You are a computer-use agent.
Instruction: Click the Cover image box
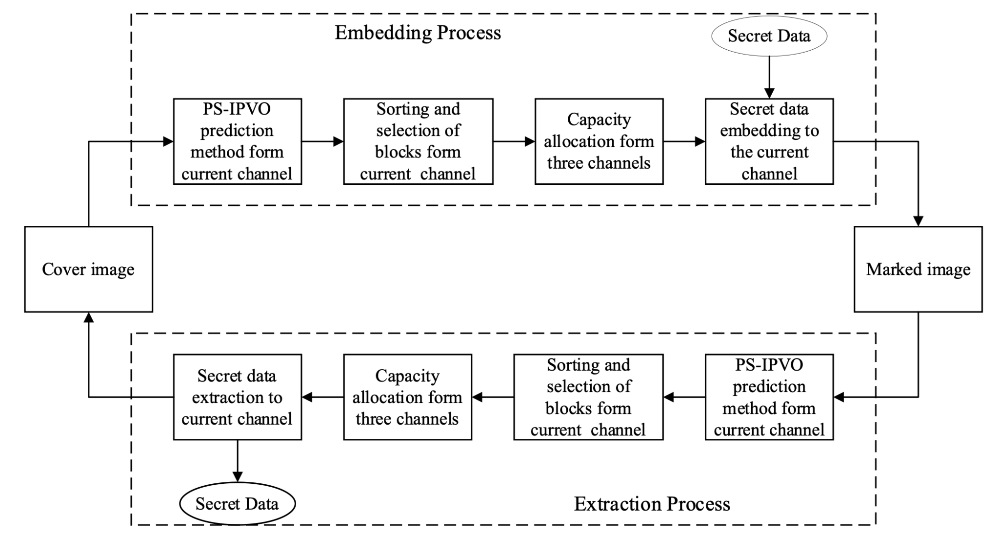click(x=88, y=269)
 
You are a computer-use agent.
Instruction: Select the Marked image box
click(x=918, y=269)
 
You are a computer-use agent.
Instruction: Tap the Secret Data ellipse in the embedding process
click(x=769, y=36)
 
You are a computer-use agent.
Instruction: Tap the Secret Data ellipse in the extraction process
click(x=237, y=504)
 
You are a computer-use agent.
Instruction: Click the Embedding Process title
click(x=418, y=33)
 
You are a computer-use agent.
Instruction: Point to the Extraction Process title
click(x=652, y=504)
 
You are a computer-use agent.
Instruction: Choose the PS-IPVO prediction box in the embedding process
click(x=237, y=141)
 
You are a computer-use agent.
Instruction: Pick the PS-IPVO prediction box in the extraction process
click(x=769, y=397)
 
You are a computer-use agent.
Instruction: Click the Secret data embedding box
click(x=769, y=141)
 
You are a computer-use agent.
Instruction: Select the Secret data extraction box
click(x=237, y=397)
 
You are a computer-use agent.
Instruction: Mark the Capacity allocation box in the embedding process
click(x=599, y=141)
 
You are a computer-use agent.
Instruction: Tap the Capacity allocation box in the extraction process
click(x=407, y=397)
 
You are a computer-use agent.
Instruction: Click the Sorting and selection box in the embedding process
click(x=418, y=141)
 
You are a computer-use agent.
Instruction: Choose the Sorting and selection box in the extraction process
click(x=588, y=397)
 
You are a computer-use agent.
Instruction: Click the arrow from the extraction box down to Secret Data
click(x=237, y=461)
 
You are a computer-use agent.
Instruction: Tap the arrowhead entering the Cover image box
click(x=88, y=317)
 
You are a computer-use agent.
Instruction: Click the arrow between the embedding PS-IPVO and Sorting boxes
click(x=322, y=141)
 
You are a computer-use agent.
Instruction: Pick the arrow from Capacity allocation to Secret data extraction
click(x=322, y=397)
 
